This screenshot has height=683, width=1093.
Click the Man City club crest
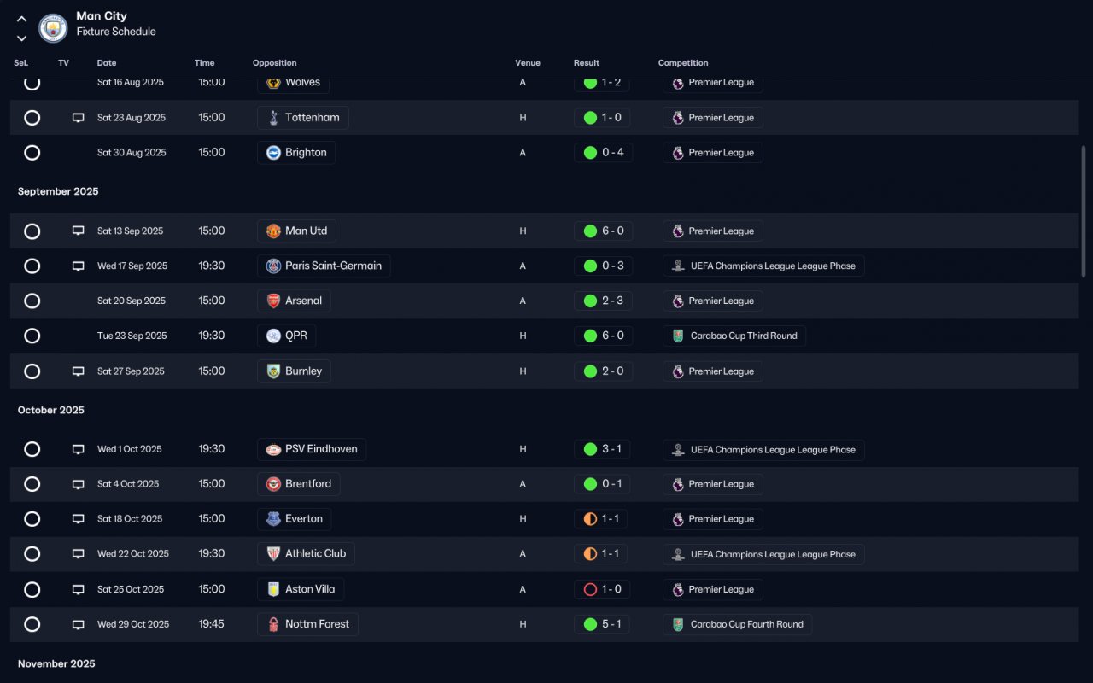point(53,28)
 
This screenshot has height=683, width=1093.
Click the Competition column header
point(682,63)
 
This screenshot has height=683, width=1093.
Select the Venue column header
point(528,63)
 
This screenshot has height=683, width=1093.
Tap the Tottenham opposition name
point(313,118)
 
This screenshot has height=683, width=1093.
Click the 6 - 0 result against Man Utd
point(613,231)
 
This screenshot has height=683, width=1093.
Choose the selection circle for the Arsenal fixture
point(32,301)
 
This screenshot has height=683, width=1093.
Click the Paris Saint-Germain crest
point(273,266)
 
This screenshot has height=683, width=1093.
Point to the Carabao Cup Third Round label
point(744,336)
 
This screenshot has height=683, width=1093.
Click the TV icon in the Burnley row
point(78,371)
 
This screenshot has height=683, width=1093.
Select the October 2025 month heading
point(50,410)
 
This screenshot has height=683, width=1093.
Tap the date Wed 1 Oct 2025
point(129,449)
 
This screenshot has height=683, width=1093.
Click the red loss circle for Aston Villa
point(590,589)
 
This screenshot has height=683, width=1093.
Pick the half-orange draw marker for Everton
point(590,518)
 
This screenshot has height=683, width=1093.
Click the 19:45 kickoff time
point(211,624)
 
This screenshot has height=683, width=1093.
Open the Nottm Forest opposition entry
point(317,624)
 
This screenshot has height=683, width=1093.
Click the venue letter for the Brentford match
point(523,484)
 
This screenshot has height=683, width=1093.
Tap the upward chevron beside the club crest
point(21,19)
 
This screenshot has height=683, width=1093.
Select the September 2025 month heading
point(58,191)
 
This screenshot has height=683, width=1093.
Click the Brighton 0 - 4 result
point(613,152)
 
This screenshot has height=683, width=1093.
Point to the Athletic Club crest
point(273,554)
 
